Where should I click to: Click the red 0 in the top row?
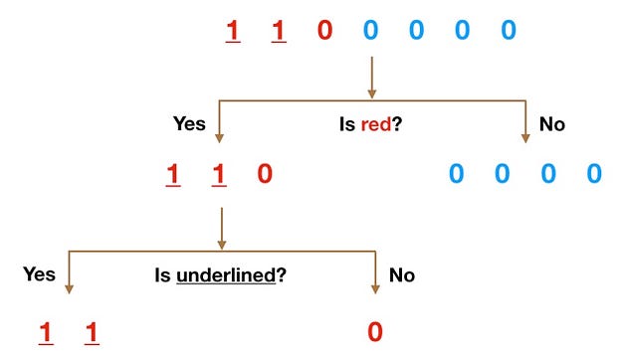(324, 30)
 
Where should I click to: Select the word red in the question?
(376, 124)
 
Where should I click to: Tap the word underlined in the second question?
(226, 275)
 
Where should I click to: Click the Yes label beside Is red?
(189, 123)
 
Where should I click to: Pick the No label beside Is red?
(552, 124)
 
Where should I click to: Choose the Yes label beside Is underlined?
(39, 274)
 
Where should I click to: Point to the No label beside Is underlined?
(402, 275)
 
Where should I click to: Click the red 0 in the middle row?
(265, 174)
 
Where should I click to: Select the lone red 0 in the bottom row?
(375, 332)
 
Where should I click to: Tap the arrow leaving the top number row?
(371, 78)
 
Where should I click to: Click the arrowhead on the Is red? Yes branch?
(219, 138)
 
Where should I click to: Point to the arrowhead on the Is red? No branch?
(525, 138)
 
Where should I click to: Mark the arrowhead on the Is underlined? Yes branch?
(69, 289)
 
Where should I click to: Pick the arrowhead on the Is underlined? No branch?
(375, 289)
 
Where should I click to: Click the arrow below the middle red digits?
(222, 229)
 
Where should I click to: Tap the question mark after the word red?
(397, 123)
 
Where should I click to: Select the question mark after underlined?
(281, 274)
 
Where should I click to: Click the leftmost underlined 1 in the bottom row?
(46, 333)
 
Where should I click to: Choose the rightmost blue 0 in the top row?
(509, 30)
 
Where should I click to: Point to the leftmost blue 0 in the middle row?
(456, 174)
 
